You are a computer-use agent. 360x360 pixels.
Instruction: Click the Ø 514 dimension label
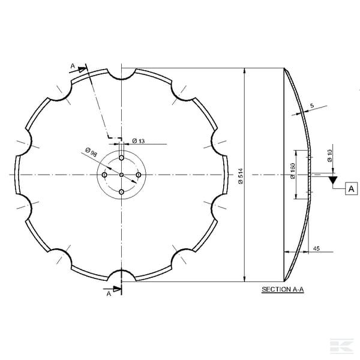[241, 176]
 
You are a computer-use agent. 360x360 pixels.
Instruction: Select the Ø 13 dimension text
[139, 141]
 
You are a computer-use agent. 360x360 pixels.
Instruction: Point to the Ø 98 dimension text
[91, 152]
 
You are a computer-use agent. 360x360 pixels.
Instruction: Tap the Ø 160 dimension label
[293, 171]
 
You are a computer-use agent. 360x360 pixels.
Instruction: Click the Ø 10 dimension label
[329, 155]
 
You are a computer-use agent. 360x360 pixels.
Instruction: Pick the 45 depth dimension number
[316, 248]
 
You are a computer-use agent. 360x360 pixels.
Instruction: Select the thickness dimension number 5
[312, 106]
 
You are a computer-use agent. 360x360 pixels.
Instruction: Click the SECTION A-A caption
[283, 289]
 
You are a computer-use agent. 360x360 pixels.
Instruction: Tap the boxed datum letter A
[351, 189]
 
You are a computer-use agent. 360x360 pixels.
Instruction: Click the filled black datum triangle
[332, 180]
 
